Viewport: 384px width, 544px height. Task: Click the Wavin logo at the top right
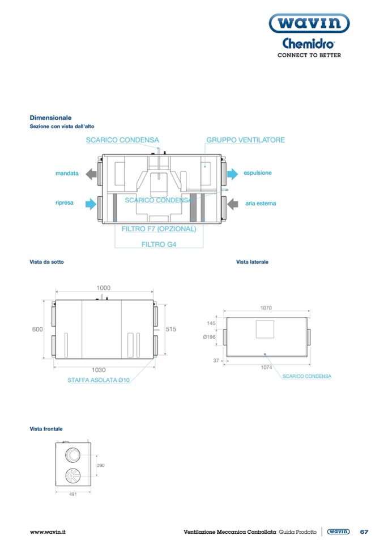coord(309,23)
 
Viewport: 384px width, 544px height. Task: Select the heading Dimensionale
coord(50,118)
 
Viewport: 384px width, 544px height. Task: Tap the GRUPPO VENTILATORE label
coord(245,140)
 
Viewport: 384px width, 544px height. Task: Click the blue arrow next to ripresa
coord(90,203)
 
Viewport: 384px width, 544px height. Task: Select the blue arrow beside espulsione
coord(232,173)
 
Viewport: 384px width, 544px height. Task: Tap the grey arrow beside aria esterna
coord(232,203)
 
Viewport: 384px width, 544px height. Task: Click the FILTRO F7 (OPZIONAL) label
coord(159,229)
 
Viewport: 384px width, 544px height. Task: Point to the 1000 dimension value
coord(103,288)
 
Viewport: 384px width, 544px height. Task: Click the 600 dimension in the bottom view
coord(37,330)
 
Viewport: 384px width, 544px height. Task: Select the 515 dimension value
coord(172,329)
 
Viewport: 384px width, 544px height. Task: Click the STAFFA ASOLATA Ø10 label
coord(99,380)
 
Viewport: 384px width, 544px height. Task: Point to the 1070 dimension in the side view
coord(266,308)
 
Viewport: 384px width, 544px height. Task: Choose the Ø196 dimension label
coord(209,337)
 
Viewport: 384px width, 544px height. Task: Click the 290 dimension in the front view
coord(101,465)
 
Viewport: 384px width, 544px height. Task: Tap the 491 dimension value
coord(73,495)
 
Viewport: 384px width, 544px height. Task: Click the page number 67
coord(364,532)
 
